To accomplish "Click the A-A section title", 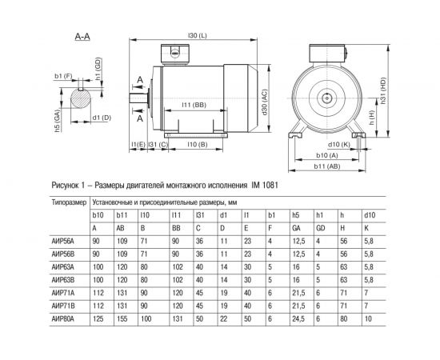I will [81, 37].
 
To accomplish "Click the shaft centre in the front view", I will [329, 96].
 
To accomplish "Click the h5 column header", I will [294, 216].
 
